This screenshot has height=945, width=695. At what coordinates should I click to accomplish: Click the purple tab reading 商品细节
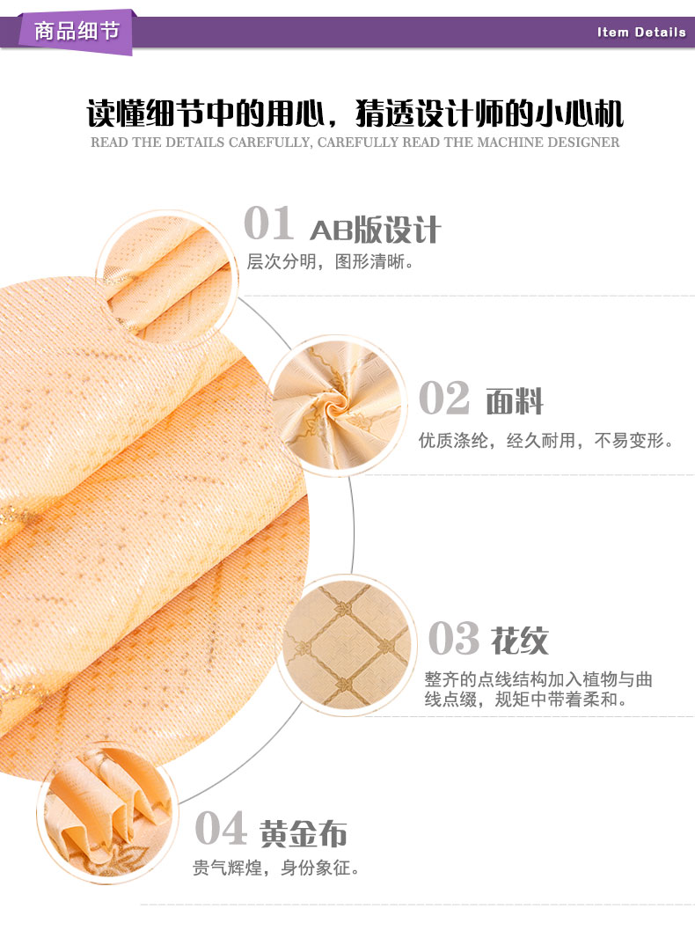coord(76,32)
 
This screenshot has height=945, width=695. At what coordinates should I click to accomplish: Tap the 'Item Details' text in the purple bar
coord(641,33)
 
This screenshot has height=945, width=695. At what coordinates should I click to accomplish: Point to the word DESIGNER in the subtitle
coord(583,143)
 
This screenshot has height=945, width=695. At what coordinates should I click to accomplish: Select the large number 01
coord(269,223)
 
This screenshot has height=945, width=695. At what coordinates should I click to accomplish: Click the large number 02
coord(444,399)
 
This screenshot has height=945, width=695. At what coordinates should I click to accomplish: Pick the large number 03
coord(454,638)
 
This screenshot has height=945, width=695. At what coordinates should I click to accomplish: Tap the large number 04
coord(221,829)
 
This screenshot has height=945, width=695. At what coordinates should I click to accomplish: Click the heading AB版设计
coord(376,230)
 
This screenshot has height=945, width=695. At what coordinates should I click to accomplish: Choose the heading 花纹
coord(520,641)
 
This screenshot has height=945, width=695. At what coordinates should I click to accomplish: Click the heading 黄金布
coord(304,834)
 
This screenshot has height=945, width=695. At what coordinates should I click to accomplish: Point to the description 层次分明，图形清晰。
coord(330,261)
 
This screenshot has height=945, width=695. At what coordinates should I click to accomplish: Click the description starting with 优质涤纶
coord(545,441)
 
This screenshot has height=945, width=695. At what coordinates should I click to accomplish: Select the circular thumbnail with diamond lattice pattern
coord(348,645)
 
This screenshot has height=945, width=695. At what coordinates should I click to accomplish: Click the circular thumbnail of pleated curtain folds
coord(106,814)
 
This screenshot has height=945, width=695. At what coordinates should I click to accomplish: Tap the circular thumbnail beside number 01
coord(167,277)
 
